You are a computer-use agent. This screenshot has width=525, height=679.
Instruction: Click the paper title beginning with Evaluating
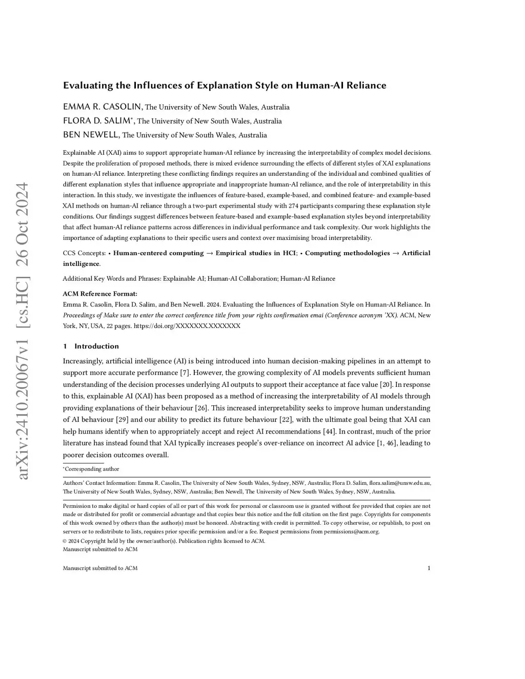point(225,86)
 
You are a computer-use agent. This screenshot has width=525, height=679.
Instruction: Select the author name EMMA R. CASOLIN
point(103,107)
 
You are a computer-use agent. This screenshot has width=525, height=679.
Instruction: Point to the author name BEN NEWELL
point(91,135)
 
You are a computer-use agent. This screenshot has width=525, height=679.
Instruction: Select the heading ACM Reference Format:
point(100,294)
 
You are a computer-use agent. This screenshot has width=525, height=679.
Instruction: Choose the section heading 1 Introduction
point(91,346)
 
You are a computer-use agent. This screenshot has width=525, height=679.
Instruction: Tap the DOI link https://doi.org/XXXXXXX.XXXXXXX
point(187,326)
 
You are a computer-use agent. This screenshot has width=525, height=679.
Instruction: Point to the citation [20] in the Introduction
point(386,384)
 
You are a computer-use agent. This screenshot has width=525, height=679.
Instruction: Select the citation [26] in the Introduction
point(201,408)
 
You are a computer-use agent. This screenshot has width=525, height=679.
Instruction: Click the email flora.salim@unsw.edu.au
point(400,483)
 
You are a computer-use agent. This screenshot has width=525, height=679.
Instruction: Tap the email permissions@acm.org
point(351,531)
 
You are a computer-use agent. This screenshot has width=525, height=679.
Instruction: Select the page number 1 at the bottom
point(429,568)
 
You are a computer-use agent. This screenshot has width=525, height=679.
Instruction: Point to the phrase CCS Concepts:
point(85,253)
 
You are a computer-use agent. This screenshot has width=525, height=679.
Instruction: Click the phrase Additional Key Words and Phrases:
point(112,279)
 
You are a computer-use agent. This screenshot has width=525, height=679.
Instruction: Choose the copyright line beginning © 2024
point(164,541)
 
